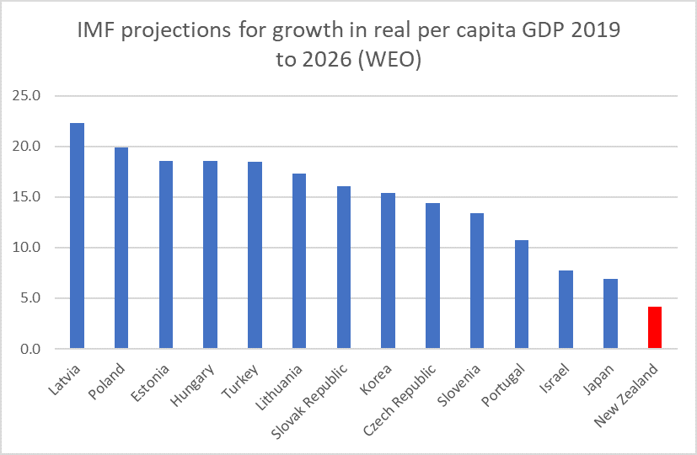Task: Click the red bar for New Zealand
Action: (654, 328)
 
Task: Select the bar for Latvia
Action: (77, 236)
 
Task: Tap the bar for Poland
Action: (121, 248)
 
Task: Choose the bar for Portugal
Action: (521, 294)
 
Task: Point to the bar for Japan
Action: (610, 313)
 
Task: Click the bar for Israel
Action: (566, 309)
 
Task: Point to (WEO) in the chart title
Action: (388, 61)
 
